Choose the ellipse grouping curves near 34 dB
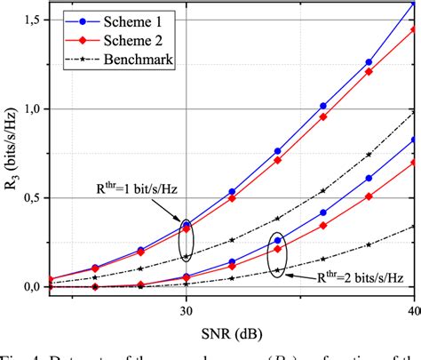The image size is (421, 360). pos(278,256)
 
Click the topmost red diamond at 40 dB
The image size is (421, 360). pos(414,29)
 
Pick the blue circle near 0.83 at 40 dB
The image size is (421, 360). pos(414,140)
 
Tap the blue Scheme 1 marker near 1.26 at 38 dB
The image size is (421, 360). pos(369,62)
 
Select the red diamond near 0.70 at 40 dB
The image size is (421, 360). pos(414,163)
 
